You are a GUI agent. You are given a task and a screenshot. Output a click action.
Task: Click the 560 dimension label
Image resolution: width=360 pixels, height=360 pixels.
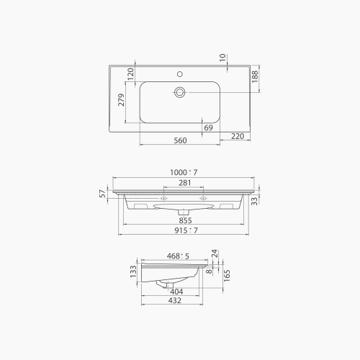click(x=180, y=141)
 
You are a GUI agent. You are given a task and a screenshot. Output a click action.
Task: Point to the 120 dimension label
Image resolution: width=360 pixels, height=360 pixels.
click(x=131, y=73)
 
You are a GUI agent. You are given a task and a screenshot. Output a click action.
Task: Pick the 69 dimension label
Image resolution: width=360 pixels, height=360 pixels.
click(x=208, y=127)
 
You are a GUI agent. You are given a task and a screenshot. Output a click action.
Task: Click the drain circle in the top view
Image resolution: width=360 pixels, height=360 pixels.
click(x=180, y=91)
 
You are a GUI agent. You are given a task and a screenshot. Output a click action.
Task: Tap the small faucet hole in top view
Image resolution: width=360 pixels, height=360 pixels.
click(x=180, y=74)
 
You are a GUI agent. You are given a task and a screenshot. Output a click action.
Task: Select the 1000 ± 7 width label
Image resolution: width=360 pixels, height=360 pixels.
click(x=184, y=173)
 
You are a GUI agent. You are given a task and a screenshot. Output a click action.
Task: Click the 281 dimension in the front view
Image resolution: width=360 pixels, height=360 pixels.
click(x=184, y=184)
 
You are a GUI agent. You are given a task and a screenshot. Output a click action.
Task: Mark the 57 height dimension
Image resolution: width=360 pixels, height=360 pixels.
click(x=103, y=192)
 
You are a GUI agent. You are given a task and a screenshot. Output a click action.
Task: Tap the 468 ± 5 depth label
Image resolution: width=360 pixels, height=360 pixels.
click(x=178, y=255)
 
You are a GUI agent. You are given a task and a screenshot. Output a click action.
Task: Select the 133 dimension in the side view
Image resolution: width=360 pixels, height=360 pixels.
click(x=132, y=271)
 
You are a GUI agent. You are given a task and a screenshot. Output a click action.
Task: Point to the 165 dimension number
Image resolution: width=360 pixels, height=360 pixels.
click(x=226, y=274)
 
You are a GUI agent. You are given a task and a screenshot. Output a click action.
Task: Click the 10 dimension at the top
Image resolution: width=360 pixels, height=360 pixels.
click(x=223, y=57)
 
